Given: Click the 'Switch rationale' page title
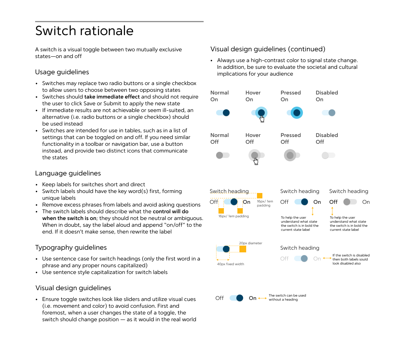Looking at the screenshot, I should click(84, 31).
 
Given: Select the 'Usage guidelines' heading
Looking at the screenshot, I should click(62, 72).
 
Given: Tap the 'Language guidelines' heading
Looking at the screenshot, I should click(68, 173).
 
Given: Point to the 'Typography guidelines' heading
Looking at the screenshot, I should click(71, 248).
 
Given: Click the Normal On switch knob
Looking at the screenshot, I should click(226, 113).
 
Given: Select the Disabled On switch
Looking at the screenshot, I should click(329, 113).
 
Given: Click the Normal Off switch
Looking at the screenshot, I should click(223, 155).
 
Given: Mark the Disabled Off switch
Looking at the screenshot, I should click(328, 155).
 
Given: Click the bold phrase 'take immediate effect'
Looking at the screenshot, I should click(112, 97).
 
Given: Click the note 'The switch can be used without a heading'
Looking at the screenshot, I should click(287, 297).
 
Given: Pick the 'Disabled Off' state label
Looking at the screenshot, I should click(327, 138).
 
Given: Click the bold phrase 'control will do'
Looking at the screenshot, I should click(171, 212).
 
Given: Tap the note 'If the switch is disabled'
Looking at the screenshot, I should click(351, 259).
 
